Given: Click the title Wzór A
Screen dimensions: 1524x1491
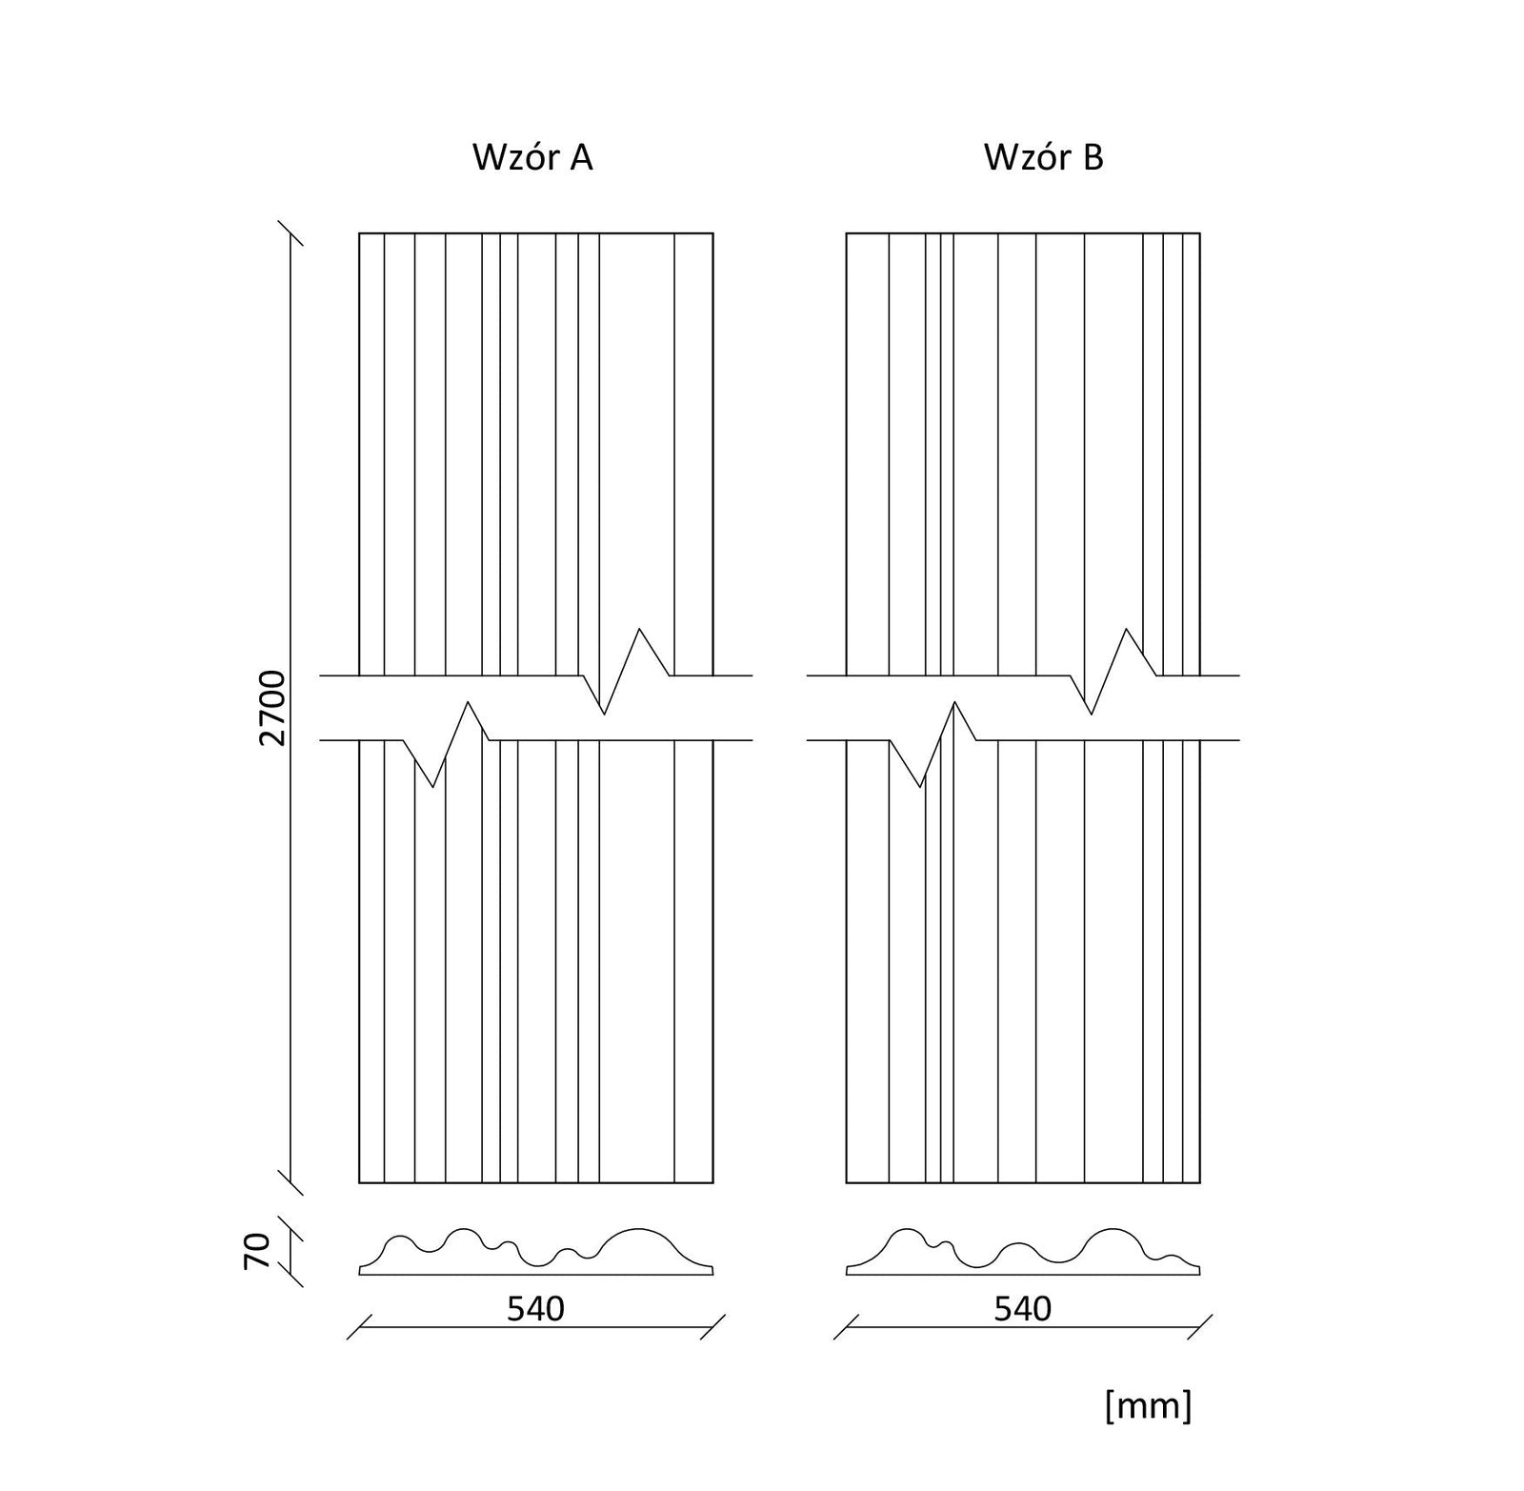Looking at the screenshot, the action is click(532, 157).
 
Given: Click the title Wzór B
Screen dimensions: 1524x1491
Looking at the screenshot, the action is click(1044, 157).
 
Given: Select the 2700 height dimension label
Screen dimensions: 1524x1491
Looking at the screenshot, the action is click(272, 708).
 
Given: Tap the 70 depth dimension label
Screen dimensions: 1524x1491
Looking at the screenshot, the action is click(257, 1250).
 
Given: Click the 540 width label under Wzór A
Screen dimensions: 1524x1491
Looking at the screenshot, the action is click(535, 1309).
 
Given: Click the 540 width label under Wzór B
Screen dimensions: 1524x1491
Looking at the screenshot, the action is click(1023, 1309).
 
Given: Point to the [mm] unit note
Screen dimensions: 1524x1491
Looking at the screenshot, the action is click(1149, 1405).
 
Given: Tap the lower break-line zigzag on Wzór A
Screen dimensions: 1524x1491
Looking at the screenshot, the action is click(451, 744).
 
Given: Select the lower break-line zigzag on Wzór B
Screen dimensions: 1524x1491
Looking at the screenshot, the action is click(937, 744).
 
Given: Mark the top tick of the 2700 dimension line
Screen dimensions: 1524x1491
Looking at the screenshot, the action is click(291, 233).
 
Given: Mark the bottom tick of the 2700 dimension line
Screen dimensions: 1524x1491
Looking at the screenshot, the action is click(291, 1182).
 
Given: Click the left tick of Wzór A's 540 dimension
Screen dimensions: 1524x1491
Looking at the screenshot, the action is click(359, 1327).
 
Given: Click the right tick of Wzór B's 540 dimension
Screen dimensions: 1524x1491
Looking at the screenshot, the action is click(1200, 1327).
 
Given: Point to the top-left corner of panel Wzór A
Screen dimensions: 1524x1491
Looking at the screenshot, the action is click(359, 233).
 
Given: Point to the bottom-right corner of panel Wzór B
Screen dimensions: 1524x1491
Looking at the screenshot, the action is click(1200, 1182).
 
